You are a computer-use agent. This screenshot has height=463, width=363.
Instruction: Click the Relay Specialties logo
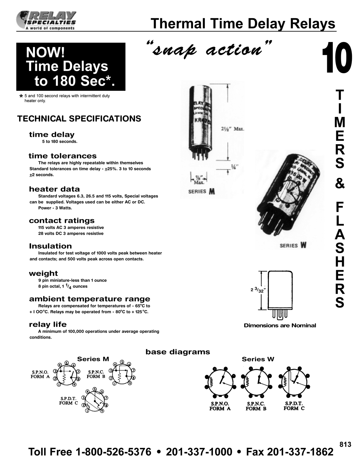tap(46, 20)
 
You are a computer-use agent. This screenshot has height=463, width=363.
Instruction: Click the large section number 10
tap(337, 59)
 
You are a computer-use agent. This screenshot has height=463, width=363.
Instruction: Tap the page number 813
tap(345, 444)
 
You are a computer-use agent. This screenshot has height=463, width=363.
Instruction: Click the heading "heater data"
tap(54, 189)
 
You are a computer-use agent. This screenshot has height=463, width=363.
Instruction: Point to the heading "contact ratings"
tap(62, 221)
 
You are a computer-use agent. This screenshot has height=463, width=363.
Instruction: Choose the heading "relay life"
tap(48, 324)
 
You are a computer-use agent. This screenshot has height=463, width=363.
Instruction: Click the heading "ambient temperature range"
tap(89, 299)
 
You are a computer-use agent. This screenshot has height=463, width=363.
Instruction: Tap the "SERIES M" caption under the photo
tap(201, 192)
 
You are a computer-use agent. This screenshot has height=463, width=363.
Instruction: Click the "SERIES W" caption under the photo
tap(293, 246)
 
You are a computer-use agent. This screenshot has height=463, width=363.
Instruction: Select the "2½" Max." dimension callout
tap(233, 129)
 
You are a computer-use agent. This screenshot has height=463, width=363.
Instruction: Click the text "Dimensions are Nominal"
tap(280, 325)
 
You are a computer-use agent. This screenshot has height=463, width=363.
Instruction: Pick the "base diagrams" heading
tap(178, 352)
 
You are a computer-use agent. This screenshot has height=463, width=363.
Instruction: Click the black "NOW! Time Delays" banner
tap(71, 67)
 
